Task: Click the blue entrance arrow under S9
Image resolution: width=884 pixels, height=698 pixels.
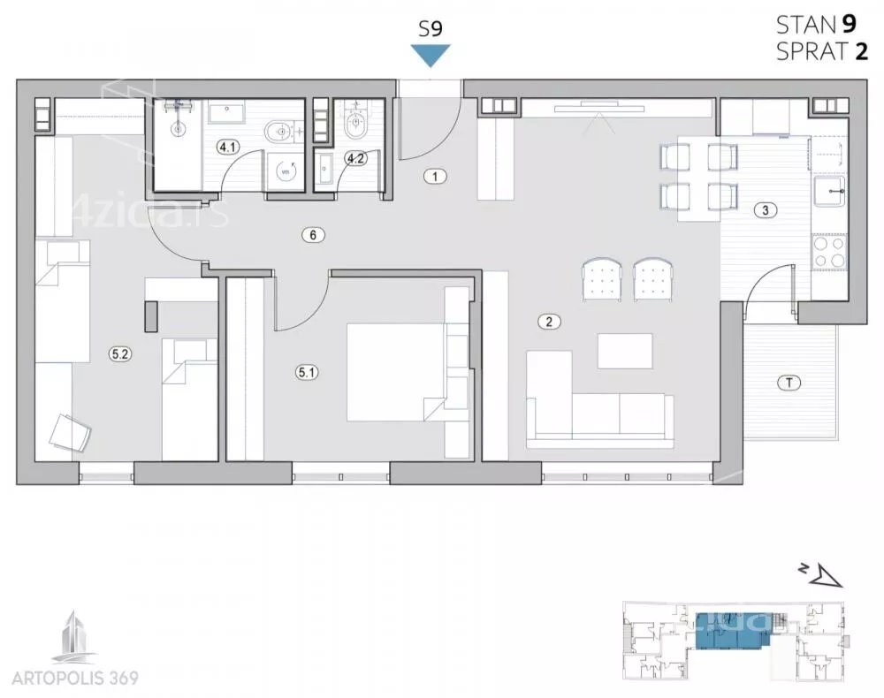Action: coord(431,56)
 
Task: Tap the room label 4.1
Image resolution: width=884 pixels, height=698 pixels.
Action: coord(228,148)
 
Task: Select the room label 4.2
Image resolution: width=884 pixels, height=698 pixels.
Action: coord(355,159)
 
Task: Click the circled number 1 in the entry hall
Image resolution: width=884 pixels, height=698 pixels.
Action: coord(435,177)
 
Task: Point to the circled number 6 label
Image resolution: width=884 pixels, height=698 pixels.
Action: coord(314,235)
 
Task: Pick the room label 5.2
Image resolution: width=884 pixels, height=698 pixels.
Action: coord(120,354)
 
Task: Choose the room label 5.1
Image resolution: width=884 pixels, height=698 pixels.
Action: coord(307,372)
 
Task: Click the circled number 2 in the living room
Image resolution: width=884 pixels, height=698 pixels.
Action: coord(549,322)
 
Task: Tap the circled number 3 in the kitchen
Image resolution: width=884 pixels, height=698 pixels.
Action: coord(765,210)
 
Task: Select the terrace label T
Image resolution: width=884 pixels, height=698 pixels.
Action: coord(789,383)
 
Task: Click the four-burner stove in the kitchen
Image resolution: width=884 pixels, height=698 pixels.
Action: coord(829,252)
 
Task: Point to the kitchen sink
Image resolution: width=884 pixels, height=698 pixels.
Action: coord(830,192)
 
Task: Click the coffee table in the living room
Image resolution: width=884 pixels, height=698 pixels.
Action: coord(625,351)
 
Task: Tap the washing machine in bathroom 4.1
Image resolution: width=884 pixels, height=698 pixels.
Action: coord(286,171)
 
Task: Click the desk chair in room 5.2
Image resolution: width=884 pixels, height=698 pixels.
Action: coord(70,432)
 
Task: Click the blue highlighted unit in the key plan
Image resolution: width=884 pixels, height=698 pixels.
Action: coord(730,630)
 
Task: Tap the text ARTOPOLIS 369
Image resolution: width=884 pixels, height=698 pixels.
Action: coord(75,678)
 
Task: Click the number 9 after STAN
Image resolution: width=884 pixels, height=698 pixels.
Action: coord(849,24)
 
